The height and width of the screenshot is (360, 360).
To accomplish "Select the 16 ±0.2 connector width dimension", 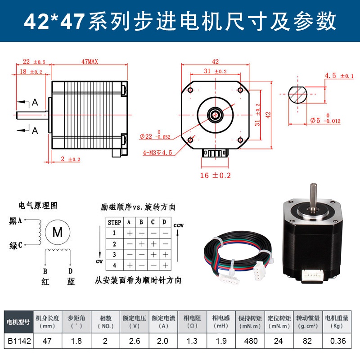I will click(x=215, y=175).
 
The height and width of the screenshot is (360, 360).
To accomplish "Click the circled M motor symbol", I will click(x=58, y=232).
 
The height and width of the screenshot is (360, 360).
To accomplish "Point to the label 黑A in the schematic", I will click(x=16, y=220).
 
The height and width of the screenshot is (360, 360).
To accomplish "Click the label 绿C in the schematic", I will click(x=16, y=245).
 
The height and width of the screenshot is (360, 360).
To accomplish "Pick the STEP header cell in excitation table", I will click(x=115, y=222).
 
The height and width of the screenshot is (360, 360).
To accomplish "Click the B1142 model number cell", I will click(x=18, y=341).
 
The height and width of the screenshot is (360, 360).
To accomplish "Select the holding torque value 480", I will click(x=251, y=341).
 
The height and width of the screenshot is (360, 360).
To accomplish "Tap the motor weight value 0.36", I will click(x=337, y=341).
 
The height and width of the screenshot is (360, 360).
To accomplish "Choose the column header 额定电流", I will click(x=163, y=317).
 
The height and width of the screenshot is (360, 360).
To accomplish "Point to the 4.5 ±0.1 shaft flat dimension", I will click(x=339, y=76).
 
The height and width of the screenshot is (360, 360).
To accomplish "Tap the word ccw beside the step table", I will click(x=179, y=225).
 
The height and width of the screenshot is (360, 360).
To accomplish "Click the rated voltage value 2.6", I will click(x=134, y=341).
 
